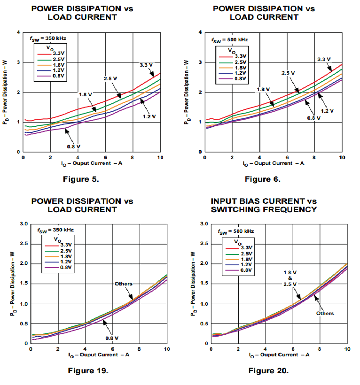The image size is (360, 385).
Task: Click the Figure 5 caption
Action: (80, 178)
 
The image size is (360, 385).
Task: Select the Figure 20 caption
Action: (268, 371)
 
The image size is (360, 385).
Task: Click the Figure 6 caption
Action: (262, 178)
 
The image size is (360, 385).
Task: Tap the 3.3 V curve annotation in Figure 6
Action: (324, 59)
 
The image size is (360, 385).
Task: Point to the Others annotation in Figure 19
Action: (124, 284)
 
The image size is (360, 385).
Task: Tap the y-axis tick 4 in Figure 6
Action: (200, 32)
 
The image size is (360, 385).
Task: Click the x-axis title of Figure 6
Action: (273, 163)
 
